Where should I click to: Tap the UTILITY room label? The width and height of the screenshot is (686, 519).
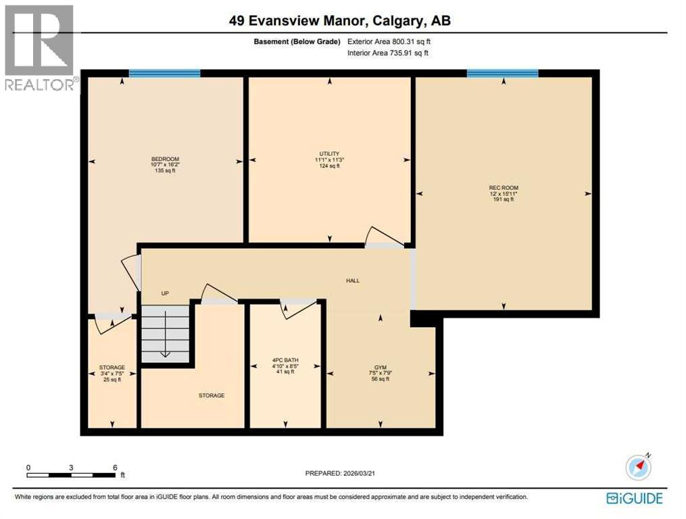pos(329,153)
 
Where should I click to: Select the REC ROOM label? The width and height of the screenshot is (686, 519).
pos(504,188)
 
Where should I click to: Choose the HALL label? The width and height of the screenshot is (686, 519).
pos(352,280)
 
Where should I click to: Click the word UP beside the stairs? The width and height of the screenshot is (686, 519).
pos(164,293)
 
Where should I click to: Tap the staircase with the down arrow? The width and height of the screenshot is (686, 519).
pos(166,334)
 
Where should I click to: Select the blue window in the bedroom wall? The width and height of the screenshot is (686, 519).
pos(164,74)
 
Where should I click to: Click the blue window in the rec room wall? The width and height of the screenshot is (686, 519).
pos(502,74)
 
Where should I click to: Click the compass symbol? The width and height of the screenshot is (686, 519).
pos(638,466)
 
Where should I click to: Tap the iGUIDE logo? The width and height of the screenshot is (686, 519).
pos(635,499)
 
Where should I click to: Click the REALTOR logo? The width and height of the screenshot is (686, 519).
pos(39,47)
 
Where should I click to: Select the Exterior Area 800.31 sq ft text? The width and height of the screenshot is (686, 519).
pos(389,41)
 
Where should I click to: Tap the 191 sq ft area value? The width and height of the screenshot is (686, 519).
pos(504,199)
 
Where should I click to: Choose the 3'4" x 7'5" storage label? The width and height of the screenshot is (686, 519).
pos(112,374)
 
